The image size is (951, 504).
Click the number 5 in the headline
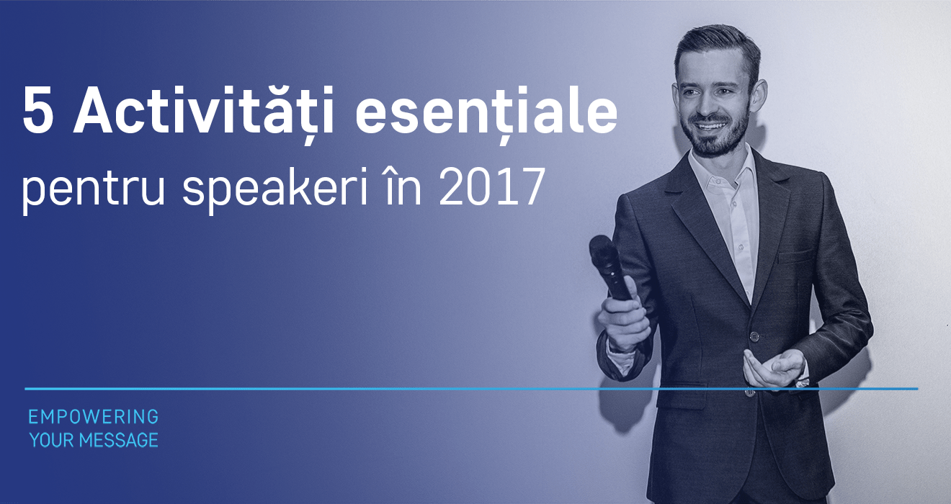(x=38, y=110)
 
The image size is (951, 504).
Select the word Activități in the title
(x=204, y=111)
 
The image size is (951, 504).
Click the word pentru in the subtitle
(x=93, y=189)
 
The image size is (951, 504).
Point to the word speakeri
(x=275, y=189)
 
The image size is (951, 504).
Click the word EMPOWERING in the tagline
(x=94, y=417)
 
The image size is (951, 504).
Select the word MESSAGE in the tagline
(x=119, y=441)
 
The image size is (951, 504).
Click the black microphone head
(x=602, y=251)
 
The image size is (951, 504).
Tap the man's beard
(x=718, y=136)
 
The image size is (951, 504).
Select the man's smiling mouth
(x=710, y=126)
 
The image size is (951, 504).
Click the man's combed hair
(x=718, y=47)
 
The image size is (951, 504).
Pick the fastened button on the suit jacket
(x=754, y=337)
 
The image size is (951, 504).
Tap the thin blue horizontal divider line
(x=471, y=389)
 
